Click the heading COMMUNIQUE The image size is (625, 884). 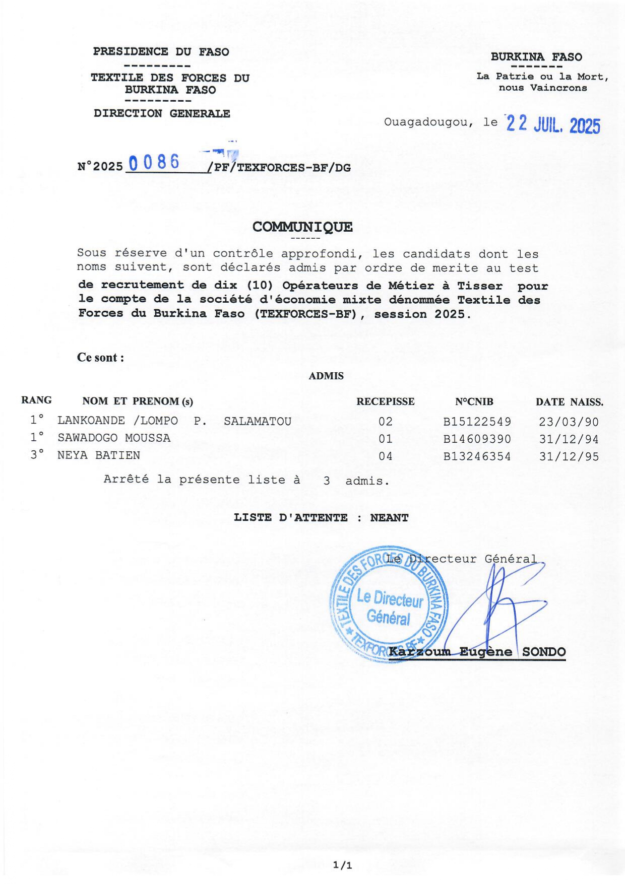tap(302, 227)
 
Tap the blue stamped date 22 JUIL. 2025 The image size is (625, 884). tap(553, 124)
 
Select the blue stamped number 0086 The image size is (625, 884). tap(154, 162)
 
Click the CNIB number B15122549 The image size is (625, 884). tap(477, 422)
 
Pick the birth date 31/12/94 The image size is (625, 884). tap(569, 439)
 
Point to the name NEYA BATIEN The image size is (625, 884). tap(99, 455)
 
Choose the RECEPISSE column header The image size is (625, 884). tap(385, 401)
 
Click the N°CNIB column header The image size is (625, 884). tap(474, 401)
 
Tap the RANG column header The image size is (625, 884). tap(36, 400)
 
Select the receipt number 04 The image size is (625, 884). tap(385, 456)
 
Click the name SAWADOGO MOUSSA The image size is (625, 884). tap(114, 438)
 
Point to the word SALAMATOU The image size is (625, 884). tap(258, 421)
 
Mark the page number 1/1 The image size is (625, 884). tap(342, 865)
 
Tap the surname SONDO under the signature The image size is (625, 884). tap(543, 652)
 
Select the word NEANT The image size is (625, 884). tap(389, 518)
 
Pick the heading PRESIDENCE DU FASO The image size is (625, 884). tap(161, 51)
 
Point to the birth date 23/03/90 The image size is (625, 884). tap(569, 422)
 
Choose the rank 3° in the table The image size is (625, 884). tap(37, 455)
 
